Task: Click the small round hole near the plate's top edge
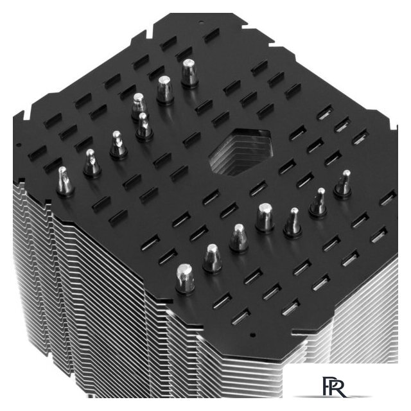(x=201, y=22)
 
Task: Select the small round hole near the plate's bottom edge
(x=252, y=335)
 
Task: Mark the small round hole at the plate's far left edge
(x=19, y=144)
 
